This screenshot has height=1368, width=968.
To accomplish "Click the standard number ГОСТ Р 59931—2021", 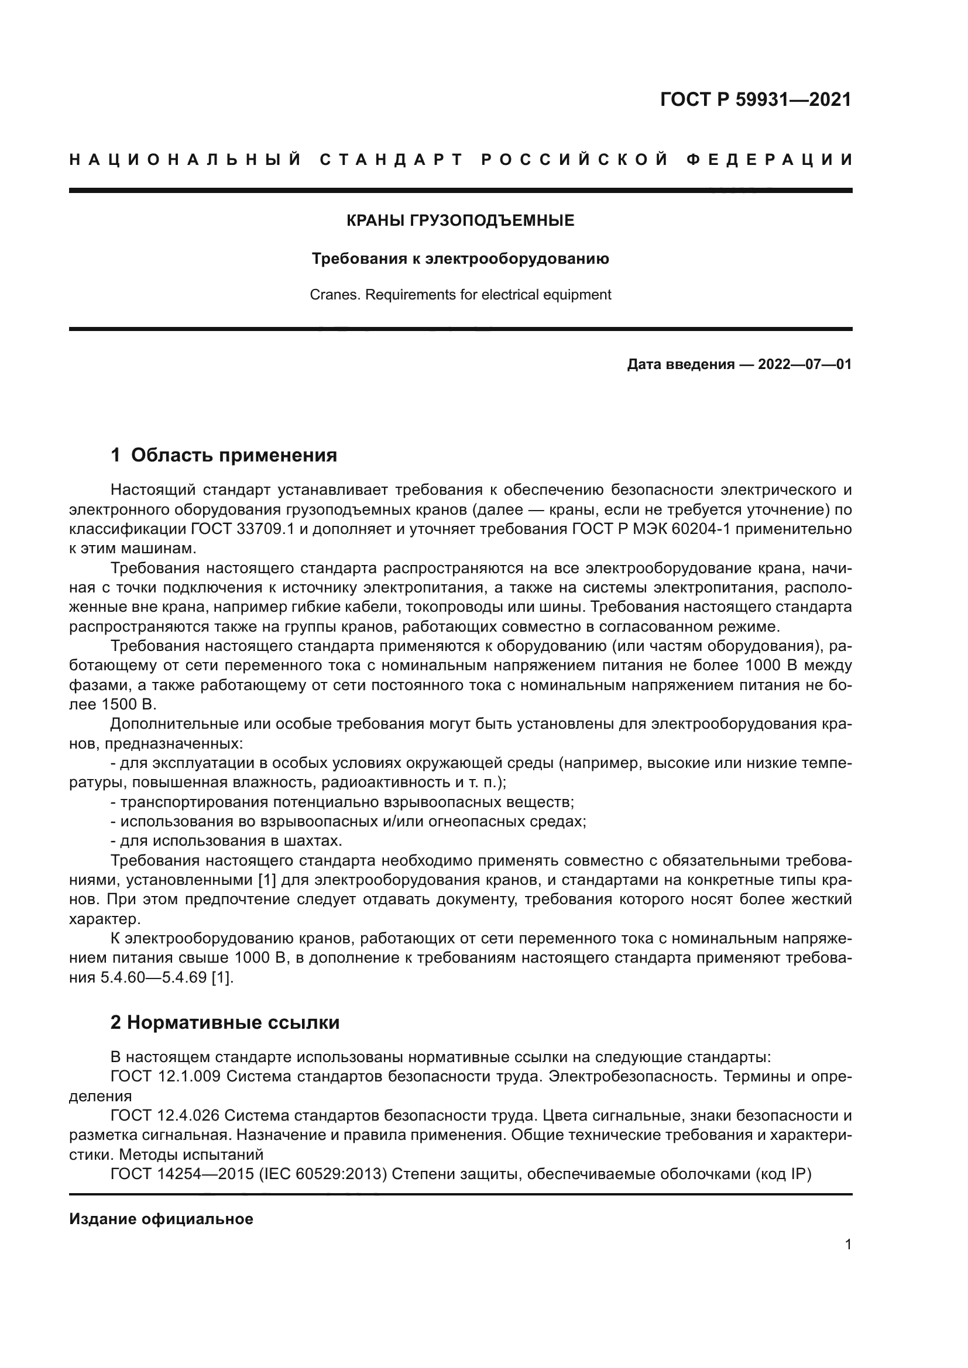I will pyautogui.click(x=755, y=99).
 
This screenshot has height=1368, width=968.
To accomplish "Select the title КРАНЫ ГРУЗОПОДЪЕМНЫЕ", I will pyautogui.click(x=460, y=220).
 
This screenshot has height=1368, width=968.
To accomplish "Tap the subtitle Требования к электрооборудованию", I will pyautogui.click(x=460, y=259).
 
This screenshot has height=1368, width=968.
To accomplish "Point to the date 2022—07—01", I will pyautogui.click(x=805, y=364).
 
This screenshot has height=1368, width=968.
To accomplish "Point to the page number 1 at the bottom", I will pyautogui.click(x=848, y=1244).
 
